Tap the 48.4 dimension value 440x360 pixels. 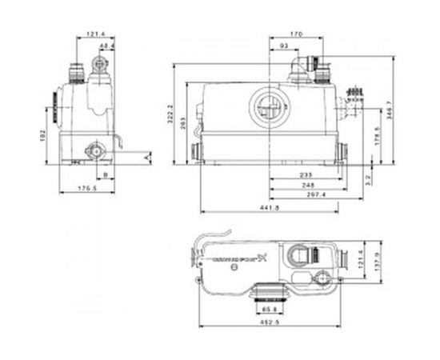click(x=106, y=47)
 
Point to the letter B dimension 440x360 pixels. click(x=105, y=172)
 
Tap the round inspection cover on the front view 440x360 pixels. click(x=267, y=107)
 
